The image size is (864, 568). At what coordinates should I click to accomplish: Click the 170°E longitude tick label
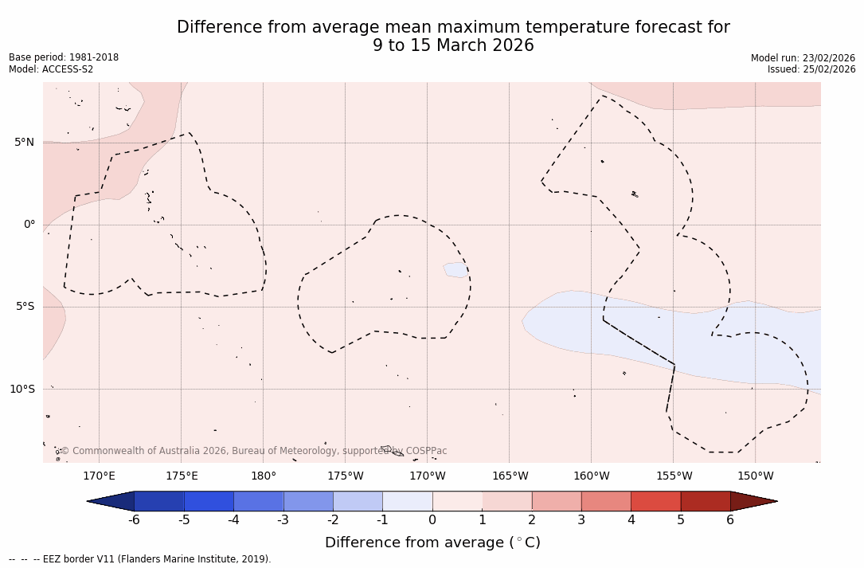[99, 476]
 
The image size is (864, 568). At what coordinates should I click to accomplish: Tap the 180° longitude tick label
[264, 476]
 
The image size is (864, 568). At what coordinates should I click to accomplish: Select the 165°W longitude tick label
[510, 476]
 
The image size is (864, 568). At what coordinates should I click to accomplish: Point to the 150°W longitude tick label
[756, 476]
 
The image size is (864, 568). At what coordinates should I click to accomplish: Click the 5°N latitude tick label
[24, 143]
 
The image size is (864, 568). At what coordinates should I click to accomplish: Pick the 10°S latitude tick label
[22, 389]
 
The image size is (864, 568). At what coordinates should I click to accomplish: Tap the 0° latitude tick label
[29, 225]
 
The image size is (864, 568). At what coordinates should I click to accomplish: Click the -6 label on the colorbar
[134, 520]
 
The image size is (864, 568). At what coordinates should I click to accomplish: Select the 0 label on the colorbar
[432, 520]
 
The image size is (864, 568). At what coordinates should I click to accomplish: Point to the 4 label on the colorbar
[631, 520]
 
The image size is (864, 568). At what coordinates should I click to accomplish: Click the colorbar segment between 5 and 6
[706, 501]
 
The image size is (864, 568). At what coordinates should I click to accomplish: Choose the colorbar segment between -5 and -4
[209, 501]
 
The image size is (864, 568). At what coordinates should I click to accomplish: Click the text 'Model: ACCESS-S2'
[51, 69]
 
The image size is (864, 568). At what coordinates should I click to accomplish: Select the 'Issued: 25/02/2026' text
[811, 69]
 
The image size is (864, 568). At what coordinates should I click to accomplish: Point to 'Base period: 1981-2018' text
[64, 57]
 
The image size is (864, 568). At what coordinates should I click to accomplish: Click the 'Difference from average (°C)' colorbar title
[432, 543]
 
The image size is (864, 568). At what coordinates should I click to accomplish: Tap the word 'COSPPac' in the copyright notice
[426, 451]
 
